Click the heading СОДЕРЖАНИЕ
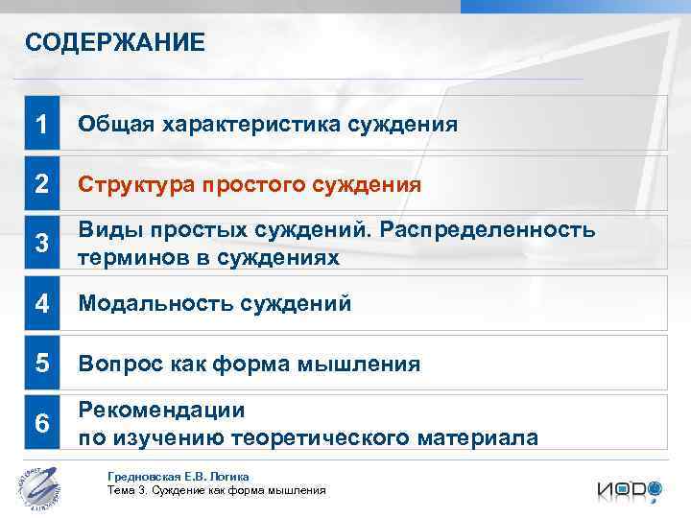114,42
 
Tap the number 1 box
41,124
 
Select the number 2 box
41,183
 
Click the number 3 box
41,243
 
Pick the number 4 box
41,303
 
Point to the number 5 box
41,364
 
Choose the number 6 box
41,423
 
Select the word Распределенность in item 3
500,231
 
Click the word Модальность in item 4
153,303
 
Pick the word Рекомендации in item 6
161,411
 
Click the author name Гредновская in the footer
145,476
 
